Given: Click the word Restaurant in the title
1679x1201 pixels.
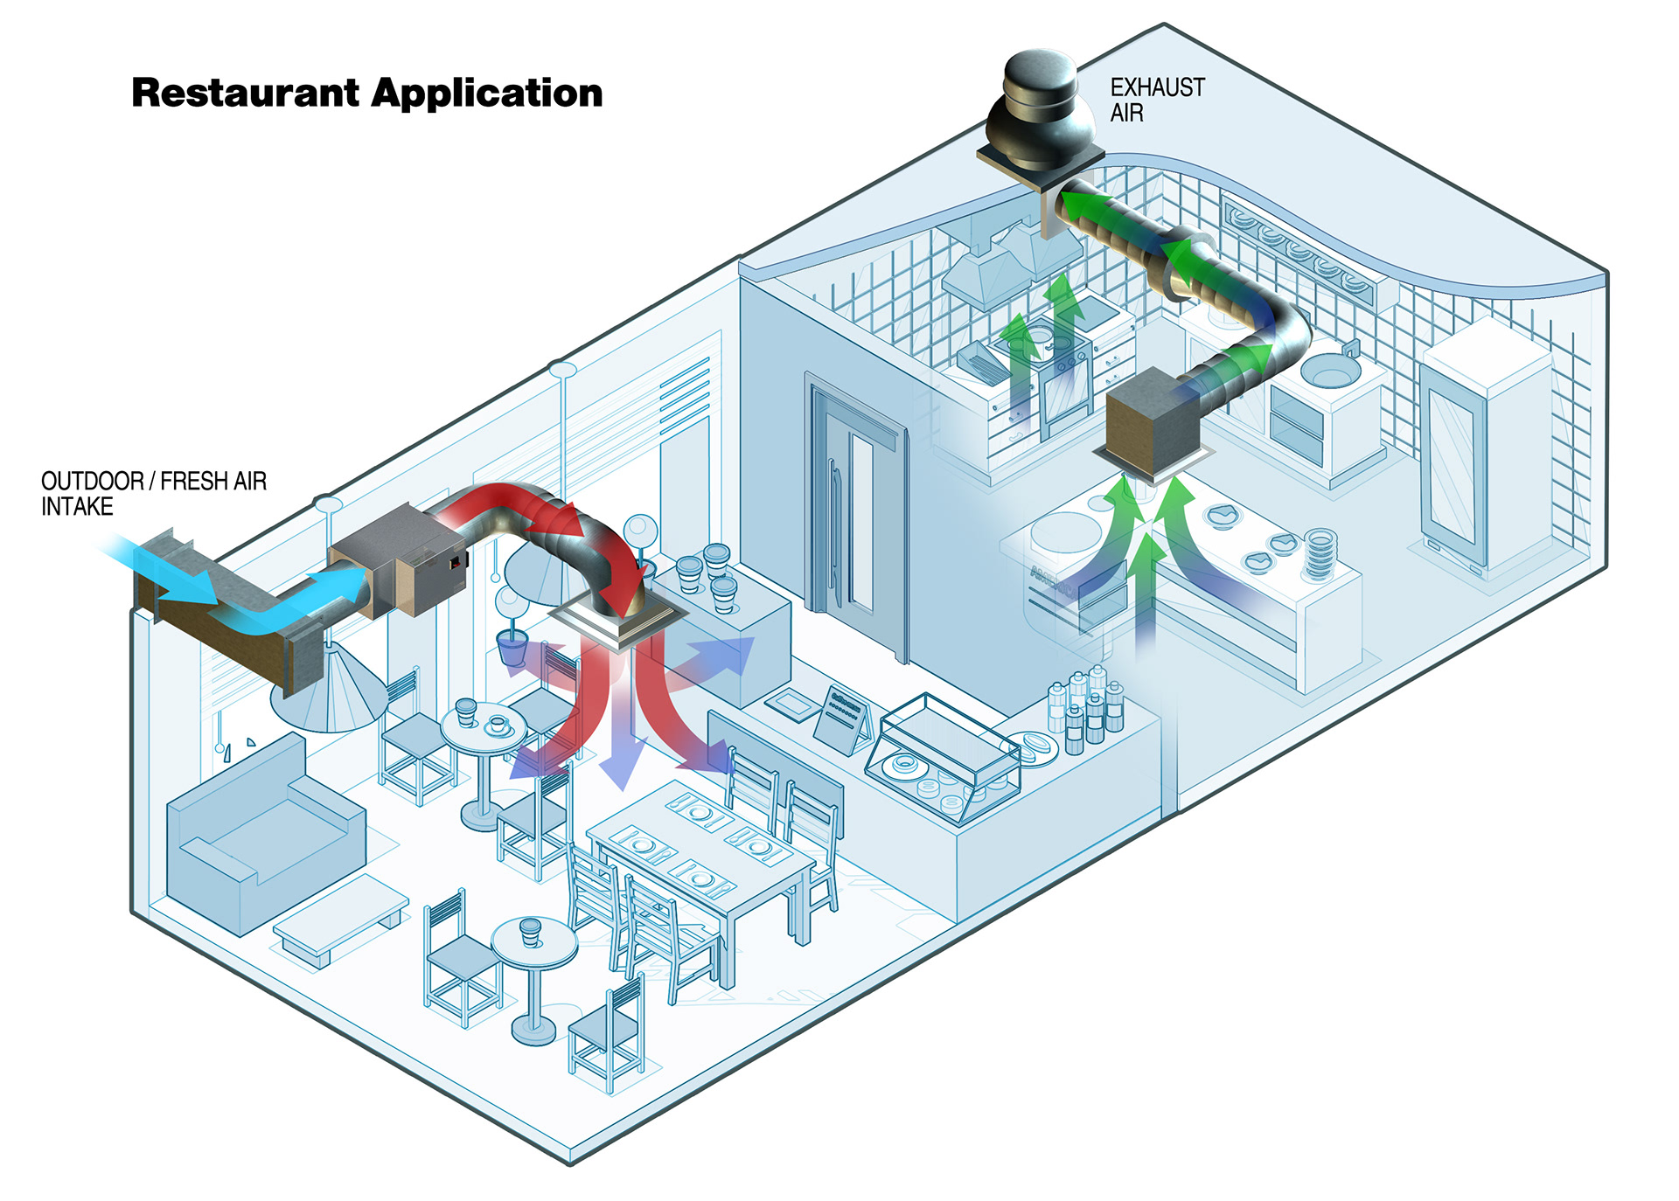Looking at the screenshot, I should coord(245,93).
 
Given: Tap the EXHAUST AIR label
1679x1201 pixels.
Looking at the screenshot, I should coord(1156,100).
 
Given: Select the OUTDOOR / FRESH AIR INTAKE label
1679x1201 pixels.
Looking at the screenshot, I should coord(153,494).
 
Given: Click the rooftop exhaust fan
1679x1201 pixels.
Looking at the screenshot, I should coord(1038,114).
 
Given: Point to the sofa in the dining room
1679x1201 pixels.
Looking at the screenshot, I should coord(262,830).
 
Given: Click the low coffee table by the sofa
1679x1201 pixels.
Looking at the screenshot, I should coord(341,918).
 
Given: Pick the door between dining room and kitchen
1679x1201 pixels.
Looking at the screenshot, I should coord(853,516).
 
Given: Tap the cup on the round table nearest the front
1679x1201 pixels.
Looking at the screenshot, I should coord(530,931).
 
